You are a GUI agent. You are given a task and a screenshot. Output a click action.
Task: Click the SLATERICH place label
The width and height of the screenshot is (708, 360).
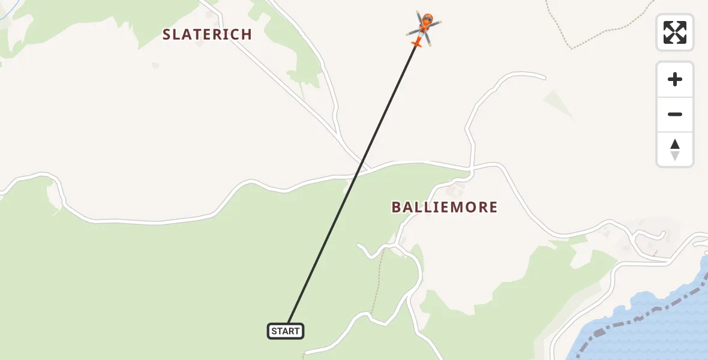(x=207, y=34)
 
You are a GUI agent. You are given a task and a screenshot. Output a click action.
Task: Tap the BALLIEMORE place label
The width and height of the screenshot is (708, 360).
(x=445, y=208)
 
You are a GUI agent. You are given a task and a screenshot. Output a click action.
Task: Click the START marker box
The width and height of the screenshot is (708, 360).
(x=286, y=331)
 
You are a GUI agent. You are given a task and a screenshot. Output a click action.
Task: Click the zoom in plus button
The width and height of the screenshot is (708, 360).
(x=675, y=79)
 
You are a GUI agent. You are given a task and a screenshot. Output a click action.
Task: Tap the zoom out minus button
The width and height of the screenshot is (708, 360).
(x=675, y=114)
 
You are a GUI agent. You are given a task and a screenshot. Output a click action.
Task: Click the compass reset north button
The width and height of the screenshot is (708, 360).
(x=675, y=149)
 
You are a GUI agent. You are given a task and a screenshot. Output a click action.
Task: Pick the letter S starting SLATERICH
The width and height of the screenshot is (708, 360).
(x=167, y=34)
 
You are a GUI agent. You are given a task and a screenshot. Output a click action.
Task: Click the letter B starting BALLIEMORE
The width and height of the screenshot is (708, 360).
(x=397, y=208)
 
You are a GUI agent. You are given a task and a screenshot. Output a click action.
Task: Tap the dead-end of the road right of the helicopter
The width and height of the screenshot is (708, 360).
(x=545, y=77)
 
